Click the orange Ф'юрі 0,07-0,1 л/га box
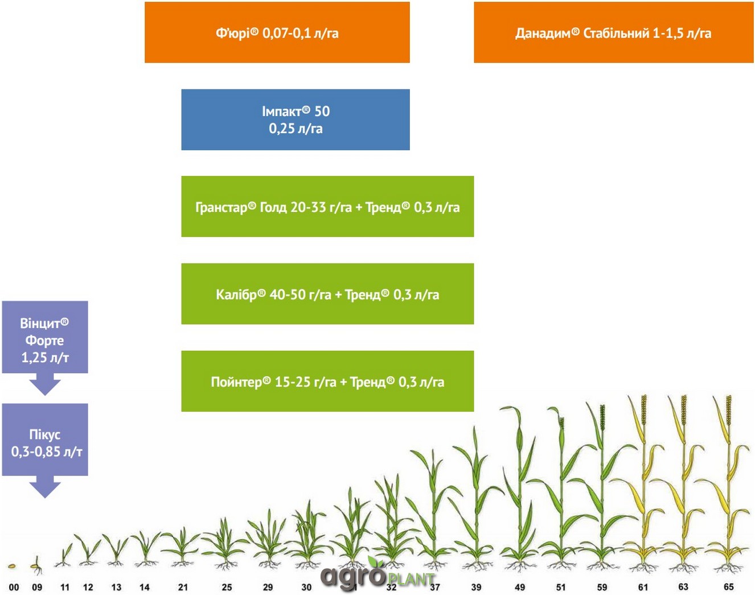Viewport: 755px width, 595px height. pyautogui.click(x=277, y=32)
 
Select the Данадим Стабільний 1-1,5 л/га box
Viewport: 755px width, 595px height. pyautogui.click(x=614, y=32)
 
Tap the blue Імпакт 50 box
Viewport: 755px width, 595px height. pyautogui.click(x=296, y=120)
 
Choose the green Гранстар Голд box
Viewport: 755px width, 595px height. pyautogui.click(x=327, y=207)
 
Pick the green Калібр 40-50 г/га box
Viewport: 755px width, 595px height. pyautogui.click(x=327, y=294)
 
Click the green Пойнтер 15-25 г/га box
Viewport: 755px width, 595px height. pyautogui.click(x=327, y=381)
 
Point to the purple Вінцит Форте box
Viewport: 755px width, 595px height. pyautogui.click(x=45, y=337)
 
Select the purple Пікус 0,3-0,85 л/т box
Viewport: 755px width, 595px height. pyautogui.click(x=45, y=440)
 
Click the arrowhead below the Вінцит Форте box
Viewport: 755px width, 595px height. pyautogui.click(x=45, y=385)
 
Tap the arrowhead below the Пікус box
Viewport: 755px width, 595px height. pyautogui.click(x=45, y=487)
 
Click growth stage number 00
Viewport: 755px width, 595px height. pyautogui.click(x=14, y=587)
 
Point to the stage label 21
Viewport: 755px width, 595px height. pyautogui.click(x=183, y=587)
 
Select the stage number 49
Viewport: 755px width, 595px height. pyautogui.click(x=520, y=587)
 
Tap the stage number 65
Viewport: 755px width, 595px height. pyautogui.click(x=729, y=586)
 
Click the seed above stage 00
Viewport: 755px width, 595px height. pyautogui.click(x=12, y=566)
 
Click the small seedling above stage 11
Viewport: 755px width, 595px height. pyautogui.click(x=64, y=555)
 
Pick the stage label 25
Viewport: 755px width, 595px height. pyautogui.click(x=227, y=587)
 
